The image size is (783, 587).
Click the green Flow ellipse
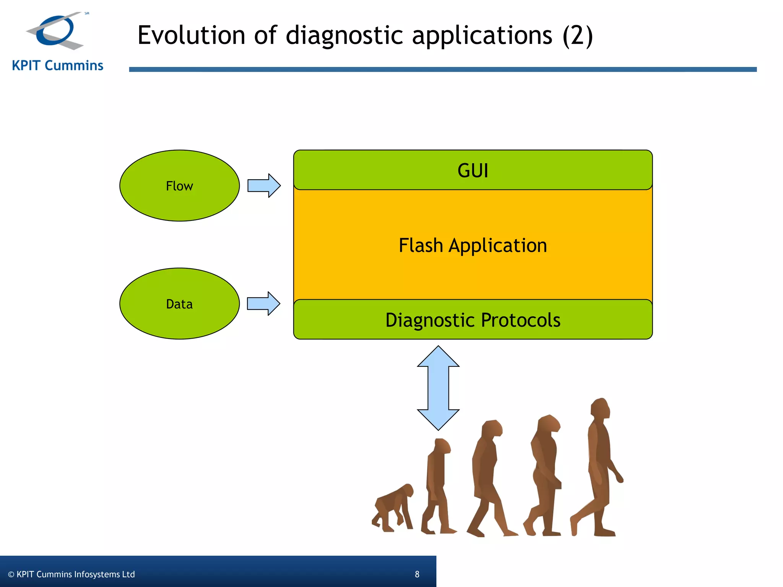(x=179, y=186)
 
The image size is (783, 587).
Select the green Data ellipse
(x=179, y=304)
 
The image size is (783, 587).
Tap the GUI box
(x=473, y=170)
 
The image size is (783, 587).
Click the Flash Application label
(x=473, y=245)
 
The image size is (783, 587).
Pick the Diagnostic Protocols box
(x=473, y=320)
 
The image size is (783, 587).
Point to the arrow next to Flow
(x=264, y=186)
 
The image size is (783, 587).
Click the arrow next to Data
(x=264, y=304)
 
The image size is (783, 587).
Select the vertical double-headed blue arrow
(x=438, y=388)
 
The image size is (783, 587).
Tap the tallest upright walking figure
(x=598, y=470)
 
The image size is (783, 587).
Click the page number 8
(x=417, y=574)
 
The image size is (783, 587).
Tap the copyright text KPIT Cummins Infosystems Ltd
(x=71, y=574)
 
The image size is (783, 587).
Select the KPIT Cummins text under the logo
(x=57, y=66)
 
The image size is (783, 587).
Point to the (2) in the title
(x=578, y=35)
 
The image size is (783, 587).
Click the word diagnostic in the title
(x=344, y=35)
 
